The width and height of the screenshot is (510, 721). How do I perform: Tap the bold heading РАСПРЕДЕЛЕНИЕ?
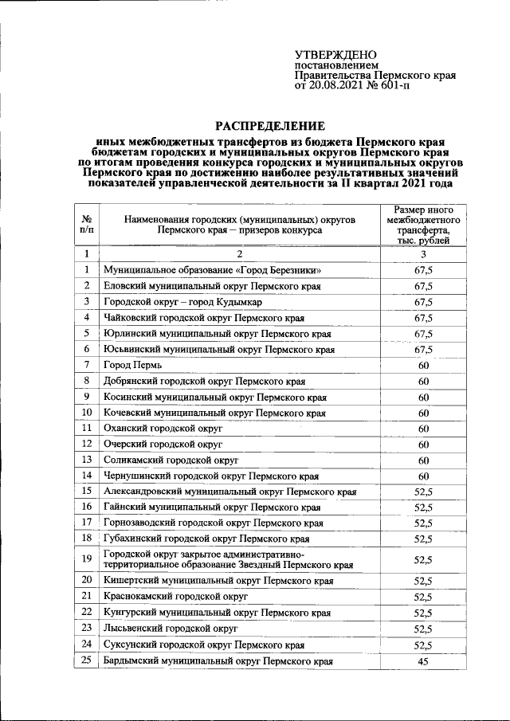click(x=271, y=126)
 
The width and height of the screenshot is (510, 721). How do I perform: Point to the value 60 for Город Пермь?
click(x=423, y=366)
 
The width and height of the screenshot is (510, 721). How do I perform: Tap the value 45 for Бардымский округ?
click(x=423, y=661)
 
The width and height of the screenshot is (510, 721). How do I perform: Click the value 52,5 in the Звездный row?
click(x=423, y=560)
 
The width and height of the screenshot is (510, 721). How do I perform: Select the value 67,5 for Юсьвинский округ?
click(x=423, y=350)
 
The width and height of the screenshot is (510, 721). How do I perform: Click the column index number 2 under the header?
click(x=238, y=254)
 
